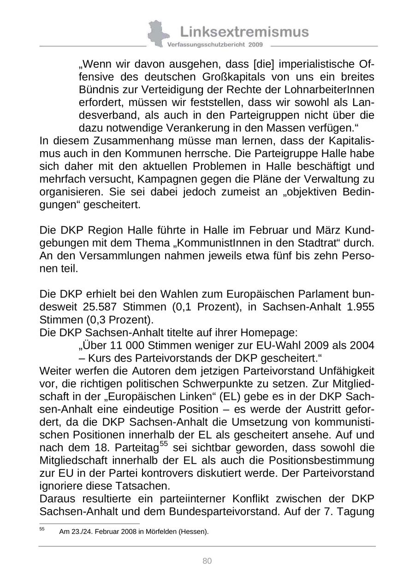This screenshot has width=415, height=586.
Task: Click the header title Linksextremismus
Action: coord(244,32)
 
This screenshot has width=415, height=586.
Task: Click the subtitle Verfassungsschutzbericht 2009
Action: coord(215,45)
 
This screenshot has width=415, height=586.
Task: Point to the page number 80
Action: coord(207,561)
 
